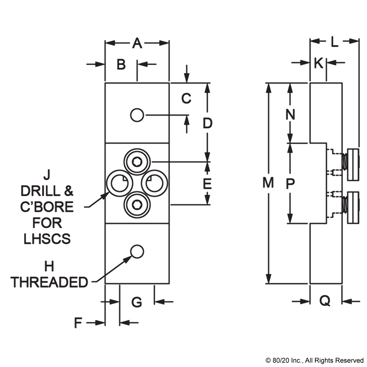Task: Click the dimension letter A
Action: (x=137, y=43)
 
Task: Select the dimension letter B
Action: (x=121, y=64)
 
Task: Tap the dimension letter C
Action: (x=186, y=98)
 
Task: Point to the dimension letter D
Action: (x=208, y=123)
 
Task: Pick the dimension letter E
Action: (x=207, y=183)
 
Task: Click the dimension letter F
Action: (x=78, y=323)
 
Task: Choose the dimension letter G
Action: (x=137, y=302)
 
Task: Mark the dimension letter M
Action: (x=268, y=182)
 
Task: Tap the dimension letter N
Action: (x=290, y=115)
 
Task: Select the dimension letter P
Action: (x=290, y=183)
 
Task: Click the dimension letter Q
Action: (x=325, y=301)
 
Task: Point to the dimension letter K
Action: (x=319, y=63)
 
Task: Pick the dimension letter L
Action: (x=334, y=42)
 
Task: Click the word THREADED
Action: (x=49, y=282)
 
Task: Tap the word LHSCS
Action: (x=47, y=239)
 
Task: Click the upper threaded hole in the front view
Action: (x=137, y=115)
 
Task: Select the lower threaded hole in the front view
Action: (x=137, y=252)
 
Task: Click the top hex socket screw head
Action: (x=137, y=161)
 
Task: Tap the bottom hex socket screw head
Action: (x=137, y=205)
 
